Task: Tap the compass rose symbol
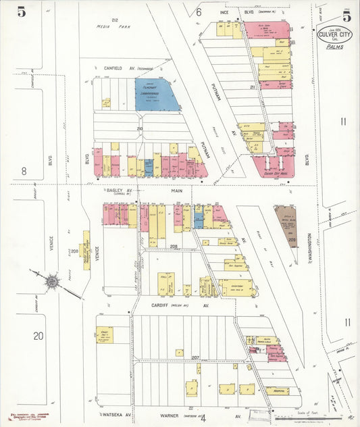click(51, 280)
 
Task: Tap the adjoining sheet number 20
click(38, 335)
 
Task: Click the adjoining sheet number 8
click(24, 171)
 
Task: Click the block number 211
click(253, 86)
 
